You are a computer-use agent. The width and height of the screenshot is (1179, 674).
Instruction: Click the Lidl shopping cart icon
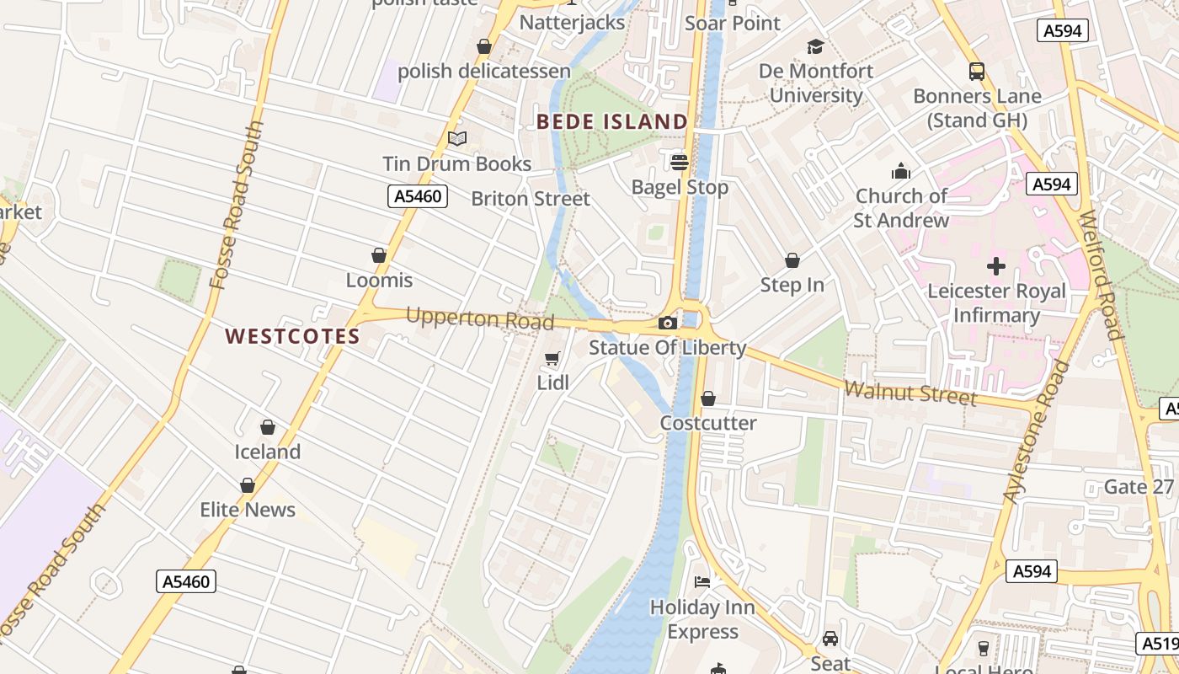(552, 360)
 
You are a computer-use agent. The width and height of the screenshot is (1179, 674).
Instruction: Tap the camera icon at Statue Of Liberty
(667, 323)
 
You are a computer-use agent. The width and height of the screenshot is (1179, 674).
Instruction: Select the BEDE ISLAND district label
(612, 122)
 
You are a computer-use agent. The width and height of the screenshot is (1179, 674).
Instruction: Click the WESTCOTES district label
(292, 337)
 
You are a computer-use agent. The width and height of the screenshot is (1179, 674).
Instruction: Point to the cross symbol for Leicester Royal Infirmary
(996, 267)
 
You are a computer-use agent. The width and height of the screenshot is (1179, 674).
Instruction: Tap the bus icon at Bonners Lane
(977, 72)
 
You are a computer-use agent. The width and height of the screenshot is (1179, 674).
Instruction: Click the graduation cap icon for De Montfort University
(815, 46)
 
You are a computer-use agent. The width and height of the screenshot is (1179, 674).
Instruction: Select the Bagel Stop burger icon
(680, 162)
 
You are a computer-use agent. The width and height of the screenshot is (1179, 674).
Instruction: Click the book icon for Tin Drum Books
(457, 139)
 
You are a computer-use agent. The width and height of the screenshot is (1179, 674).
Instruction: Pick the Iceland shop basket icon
(268, 428)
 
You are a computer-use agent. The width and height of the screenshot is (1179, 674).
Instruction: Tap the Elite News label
(248, 510)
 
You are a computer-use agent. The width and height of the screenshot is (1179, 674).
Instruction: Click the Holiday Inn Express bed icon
(702, 581)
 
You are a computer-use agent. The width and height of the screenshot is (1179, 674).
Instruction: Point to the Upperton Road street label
(480, 319)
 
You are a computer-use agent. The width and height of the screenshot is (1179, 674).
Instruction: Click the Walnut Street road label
(910, 393)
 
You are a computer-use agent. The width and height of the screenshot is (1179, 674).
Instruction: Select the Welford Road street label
(1101, 275)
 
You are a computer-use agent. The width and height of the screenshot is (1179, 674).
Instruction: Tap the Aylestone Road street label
(1037, 432)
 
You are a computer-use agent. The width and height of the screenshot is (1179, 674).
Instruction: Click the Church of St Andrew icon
(901, 172)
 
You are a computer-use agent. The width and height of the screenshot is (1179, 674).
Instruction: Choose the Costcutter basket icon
(708, 399)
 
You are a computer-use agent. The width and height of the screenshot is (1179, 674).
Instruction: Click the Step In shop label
(792, 285)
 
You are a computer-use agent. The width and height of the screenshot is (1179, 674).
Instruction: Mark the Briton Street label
(531, 199)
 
